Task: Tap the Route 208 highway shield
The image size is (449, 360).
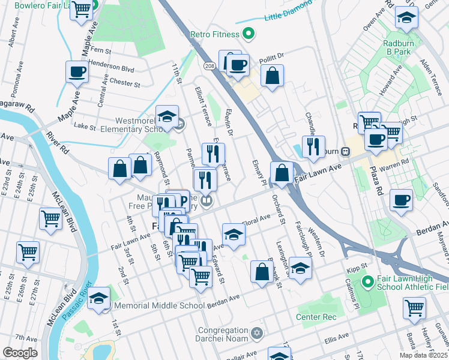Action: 208,65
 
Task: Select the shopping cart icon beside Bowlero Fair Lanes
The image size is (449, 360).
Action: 81,9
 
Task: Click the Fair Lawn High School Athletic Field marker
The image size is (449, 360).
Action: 367,280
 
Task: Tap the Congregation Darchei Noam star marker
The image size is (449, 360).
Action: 256,332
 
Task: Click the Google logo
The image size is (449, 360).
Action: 20,353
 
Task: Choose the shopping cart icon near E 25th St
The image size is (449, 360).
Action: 28,252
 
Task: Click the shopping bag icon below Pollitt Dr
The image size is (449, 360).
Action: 272,76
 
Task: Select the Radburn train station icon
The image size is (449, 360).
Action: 346,151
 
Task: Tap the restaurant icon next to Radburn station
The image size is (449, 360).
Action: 312,147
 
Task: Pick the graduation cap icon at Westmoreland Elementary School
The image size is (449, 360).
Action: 167,117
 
